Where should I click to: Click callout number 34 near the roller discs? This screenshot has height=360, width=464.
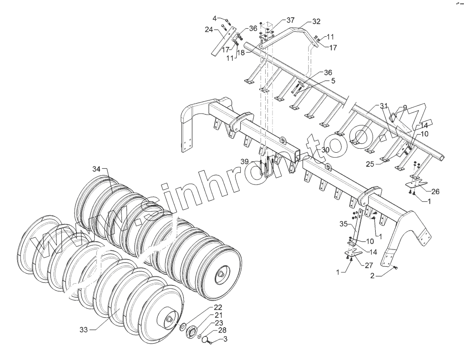(96, 169)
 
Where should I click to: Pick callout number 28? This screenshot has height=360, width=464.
(222, 330)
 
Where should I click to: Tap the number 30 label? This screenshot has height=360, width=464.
(325, 150)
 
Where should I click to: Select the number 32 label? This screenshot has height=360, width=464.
(316, 21)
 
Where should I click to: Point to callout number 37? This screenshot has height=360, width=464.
(290, 20)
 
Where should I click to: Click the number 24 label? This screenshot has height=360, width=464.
(208, 30)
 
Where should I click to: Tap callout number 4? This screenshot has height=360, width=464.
(214, 18)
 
